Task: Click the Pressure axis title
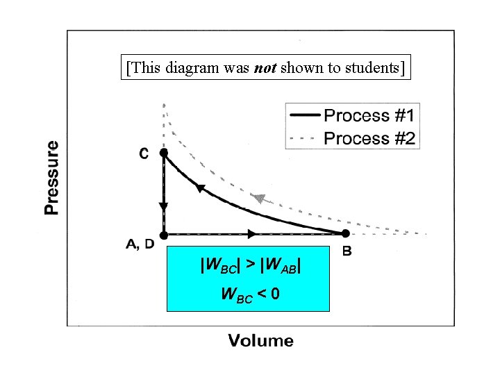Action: tap(51, 178)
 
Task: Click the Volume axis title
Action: tap(261, 340)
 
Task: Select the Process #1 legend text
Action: tap(369, 115)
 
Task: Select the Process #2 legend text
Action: tap(369, 138)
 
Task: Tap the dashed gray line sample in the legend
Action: tap(303, 138)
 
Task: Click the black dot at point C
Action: tap(164, 152)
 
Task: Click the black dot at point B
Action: tap(344, 234)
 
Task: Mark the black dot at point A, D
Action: tap(164, 234)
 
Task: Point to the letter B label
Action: tap(347, 251)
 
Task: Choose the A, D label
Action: tap(140, 244)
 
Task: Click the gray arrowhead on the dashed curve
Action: tap(259, 199)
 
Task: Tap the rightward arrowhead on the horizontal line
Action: tap(251, 234)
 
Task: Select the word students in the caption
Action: tap(375, 68)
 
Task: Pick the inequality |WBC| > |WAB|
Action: tap(251, 265)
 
